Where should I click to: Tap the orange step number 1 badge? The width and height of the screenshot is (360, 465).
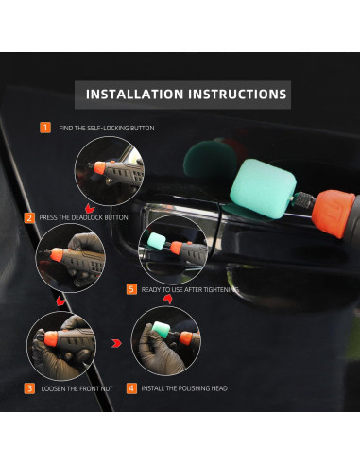point(44,127)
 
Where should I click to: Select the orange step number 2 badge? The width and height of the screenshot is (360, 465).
point(29,217)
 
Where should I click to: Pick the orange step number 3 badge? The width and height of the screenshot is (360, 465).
point(29,387)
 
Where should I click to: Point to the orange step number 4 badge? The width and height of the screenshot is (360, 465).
point(131,387)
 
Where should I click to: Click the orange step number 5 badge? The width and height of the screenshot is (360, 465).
point(131,289)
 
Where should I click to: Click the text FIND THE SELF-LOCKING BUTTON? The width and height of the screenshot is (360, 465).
point(106,128)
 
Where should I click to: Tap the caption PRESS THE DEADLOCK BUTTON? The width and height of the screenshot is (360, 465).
point(84,217)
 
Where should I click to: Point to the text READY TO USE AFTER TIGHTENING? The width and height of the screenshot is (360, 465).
point(189,289)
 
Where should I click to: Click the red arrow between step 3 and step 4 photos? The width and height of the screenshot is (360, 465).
point(116,343)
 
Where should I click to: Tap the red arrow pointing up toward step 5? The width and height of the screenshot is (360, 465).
point(167,300)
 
